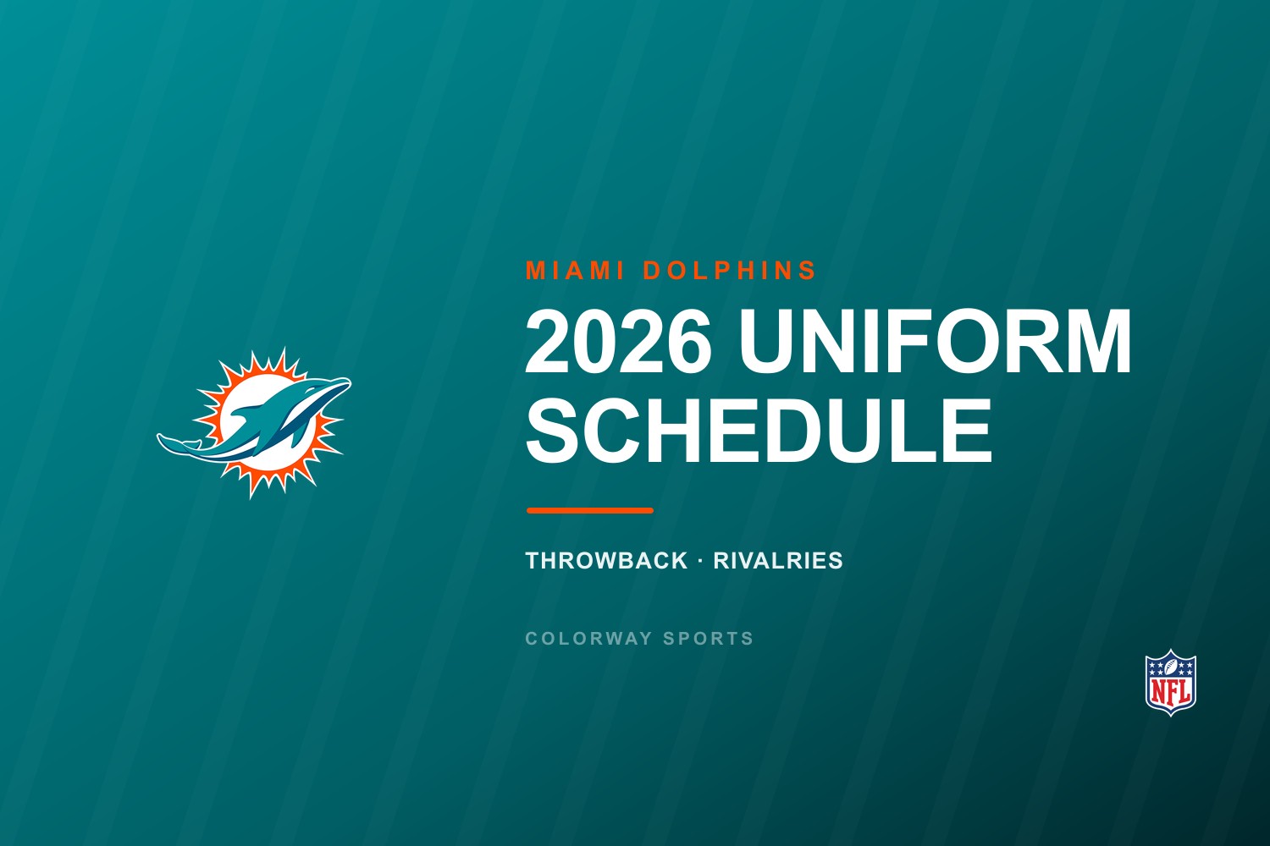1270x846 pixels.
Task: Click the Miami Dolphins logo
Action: click(x=254, y=423)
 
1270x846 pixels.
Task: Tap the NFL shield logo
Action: click(x=1171, y=682)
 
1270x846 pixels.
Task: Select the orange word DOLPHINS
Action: click(x=730, y=270)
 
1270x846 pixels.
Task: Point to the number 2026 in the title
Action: click(x=619, y=342)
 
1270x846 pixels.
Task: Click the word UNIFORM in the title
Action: click(x=935, y=342)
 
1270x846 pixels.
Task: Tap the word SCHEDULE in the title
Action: click(x=759, y=431)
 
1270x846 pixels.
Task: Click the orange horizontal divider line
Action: click(x=589, y=510)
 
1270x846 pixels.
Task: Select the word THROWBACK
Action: click(x=607, y=560)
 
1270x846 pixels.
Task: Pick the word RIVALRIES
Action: click(x=778, y=560)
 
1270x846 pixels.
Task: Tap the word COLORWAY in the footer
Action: click(x=589, y=639)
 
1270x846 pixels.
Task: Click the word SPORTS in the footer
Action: click(x=708, y=639)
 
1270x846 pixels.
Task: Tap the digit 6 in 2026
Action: click(x=689, y=342)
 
